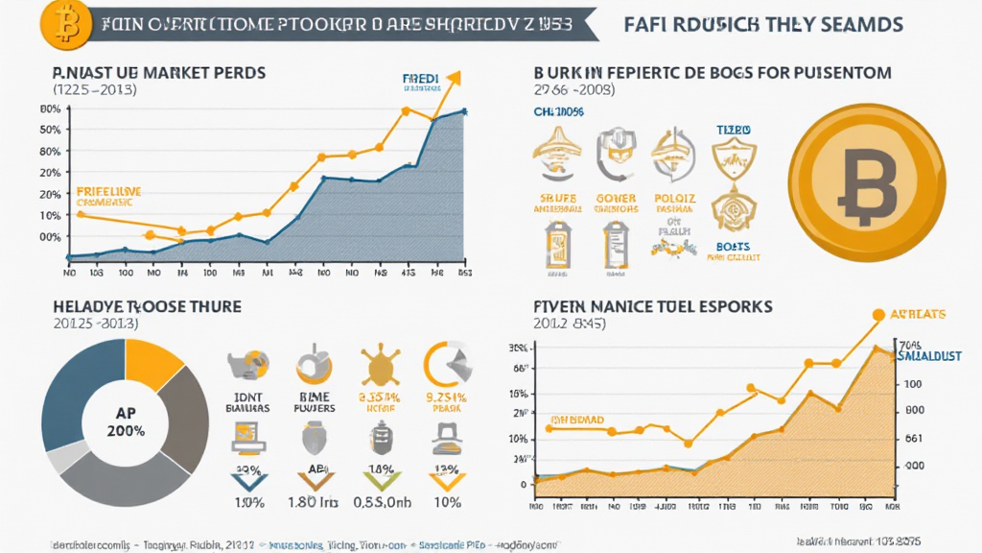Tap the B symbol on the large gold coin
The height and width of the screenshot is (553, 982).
pyautogui.click(x=867, y=181)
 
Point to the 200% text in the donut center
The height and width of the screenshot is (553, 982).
pyautogui.click(x=126, y=431)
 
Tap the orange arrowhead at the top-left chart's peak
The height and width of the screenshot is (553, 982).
pyautogui.click(x=454, y=78)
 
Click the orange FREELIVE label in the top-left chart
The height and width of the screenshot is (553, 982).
pyautogui.click(x=108, y=192)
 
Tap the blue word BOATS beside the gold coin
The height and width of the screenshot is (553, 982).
pyautogui.click(x=735, y=246)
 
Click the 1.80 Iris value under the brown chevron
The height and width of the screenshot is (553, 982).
pyautogui.click(x=313, y=501)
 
